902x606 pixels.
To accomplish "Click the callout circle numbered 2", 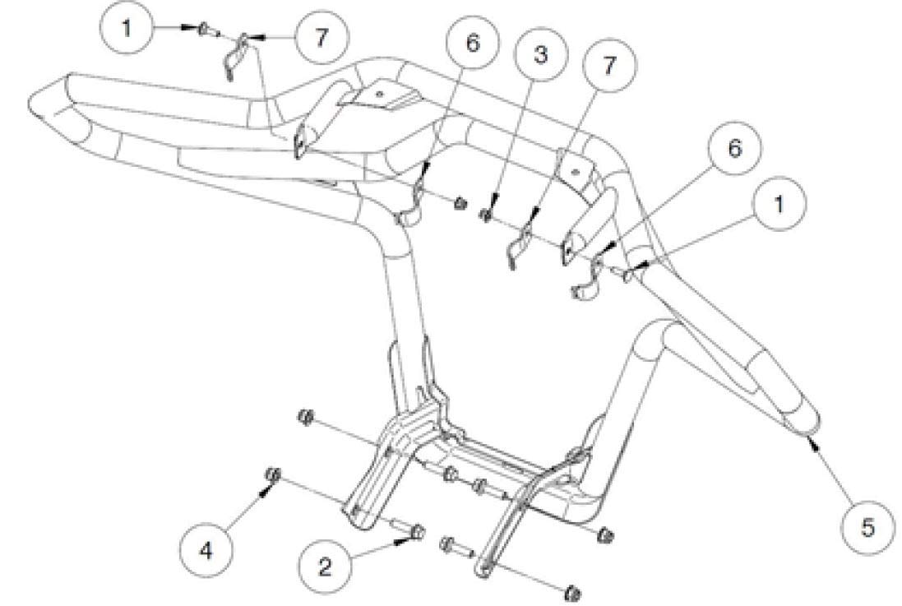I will click(x=326, y=567).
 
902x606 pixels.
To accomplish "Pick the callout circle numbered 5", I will click(x=867, y=526).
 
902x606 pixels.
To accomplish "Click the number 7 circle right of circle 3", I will click(x=608, y=65).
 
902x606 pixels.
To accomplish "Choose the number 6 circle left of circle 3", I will click(x=470, y=42).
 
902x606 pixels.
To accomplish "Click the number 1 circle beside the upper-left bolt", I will click(x=126, y=26).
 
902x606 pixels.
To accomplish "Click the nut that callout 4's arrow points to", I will click(x=275, y=474).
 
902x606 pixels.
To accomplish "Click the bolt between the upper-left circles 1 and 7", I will click(x=205, y=31).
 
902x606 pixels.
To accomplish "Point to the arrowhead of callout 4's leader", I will click(x=265, y=491).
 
